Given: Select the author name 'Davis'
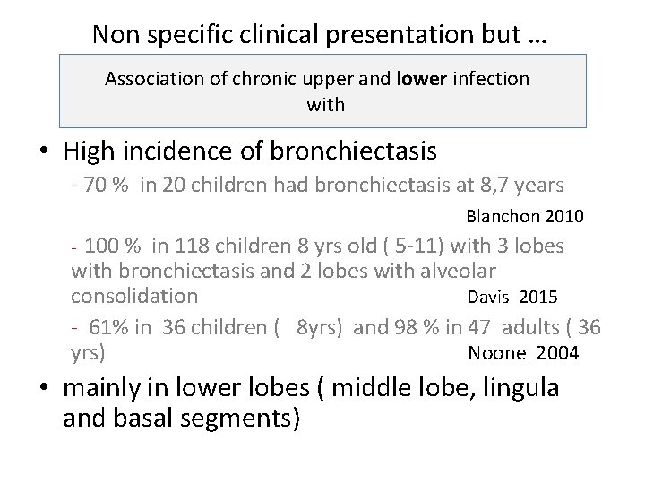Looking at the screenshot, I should [489, 297].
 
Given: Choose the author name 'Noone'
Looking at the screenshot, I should [497, 353].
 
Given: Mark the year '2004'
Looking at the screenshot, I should [557, 353].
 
